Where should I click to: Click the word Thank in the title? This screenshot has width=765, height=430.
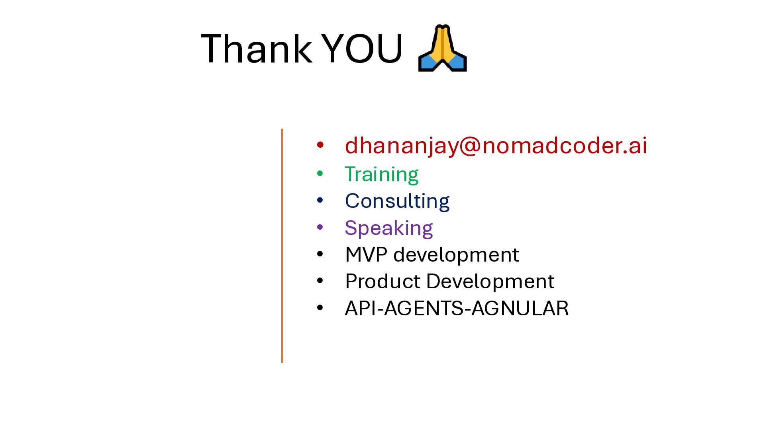coord(257,49)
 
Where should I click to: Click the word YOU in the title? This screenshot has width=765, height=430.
coord(362,49)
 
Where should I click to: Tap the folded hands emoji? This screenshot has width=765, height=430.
coord(442,48)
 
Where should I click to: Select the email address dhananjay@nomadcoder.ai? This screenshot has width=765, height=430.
coord(496,146)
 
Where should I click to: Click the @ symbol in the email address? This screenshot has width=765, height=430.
coord(470,146)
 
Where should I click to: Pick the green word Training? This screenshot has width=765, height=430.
coord(382,174)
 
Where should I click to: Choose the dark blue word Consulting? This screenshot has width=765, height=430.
coord(397,201)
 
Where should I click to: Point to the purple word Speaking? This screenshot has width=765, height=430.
coord(389,228)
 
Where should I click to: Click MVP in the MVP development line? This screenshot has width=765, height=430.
coord(366,254)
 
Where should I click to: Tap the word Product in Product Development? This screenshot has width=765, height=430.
coord(383,281)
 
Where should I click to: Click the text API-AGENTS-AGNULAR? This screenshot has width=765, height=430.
coord(457,308)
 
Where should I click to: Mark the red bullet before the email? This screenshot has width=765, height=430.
coord(320,145)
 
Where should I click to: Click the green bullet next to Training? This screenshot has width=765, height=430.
coord(320,174)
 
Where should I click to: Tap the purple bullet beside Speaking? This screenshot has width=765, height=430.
coord(320,227)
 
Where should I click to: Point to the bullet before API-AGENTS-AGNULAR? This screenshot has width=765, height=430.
coord(320,308)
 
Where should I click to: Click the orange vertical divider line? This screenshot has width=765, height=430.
coord(282,246)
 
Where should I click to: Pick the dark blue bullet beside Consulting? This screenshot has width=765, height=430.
coord(320,200)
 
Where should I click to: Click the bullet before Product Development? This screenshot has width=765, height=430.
coord(320,281)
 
